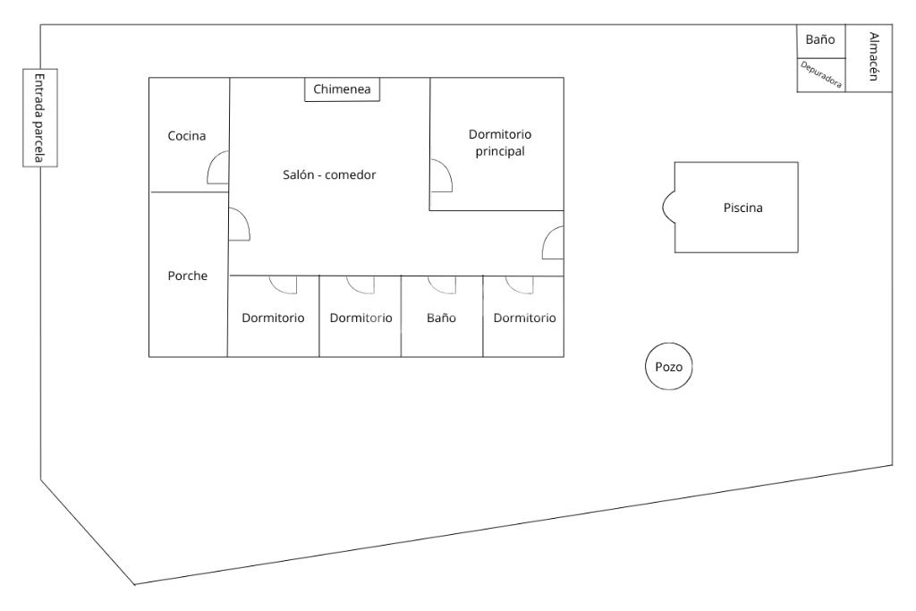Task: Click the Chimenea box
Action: [x=343, y=89]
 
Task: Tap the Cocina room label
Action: [x=187, y=136]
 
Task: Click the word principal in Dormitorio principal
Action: [x=499, y=151]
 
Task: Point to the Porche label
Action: [x=187, y=276]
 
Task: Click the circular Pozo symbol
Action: [x=669, y=368]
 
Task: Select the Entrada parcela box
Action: [x=39, y=118]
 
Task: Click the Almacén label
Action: [x=873, y=57]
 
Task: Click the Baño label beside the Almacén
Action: [x=819, y=40]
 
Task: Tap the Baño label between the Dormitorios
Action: [x=441, y=318]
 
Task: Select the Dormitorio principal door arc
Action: [x=440, y=176]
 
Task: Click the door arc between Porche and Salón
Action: [x=239, y=225]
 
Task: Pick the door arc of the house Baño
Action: [x=442, y=284]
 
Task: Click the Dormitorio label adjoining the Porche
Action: [x=274, y=318]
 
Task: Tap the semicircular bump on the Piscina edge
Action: [x=668, y=207]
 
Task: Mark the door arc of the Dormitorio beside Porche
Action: [x=284, y=284]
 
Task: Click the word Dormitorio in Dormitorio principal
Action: [x=500, y=134]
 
